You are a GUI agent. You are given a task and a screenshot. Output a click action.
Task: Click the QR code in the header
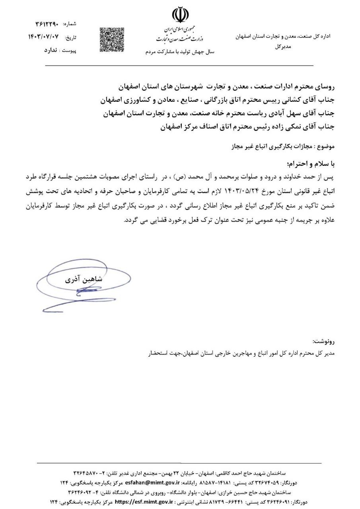(111, 39)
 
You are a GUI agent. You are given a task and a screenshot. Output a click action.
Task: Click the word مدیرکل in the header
(283, 46)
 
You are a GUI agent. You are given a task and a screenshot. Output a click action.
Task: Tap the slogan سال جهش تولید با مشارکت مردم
(180, 52)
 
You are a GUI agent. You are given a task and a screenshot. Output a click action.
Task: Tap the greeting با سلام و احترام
(311, 163)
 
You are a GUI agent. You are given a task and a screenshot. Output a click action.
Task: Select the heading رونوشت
(324, 341)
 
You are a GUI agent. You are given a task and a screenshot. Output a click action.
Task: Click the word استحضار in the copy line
(159, 353)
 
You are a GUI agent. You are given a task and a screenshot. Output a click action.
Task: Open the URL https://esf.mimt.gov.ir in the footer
(148, 502)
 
